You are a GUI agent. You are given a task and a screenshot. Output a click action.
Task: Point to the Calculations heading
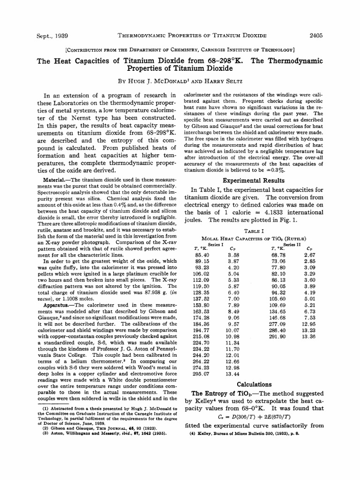(253, 384)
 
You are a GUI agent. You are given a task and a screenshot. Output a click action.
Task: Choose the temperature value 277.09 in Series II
(278, 323)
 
